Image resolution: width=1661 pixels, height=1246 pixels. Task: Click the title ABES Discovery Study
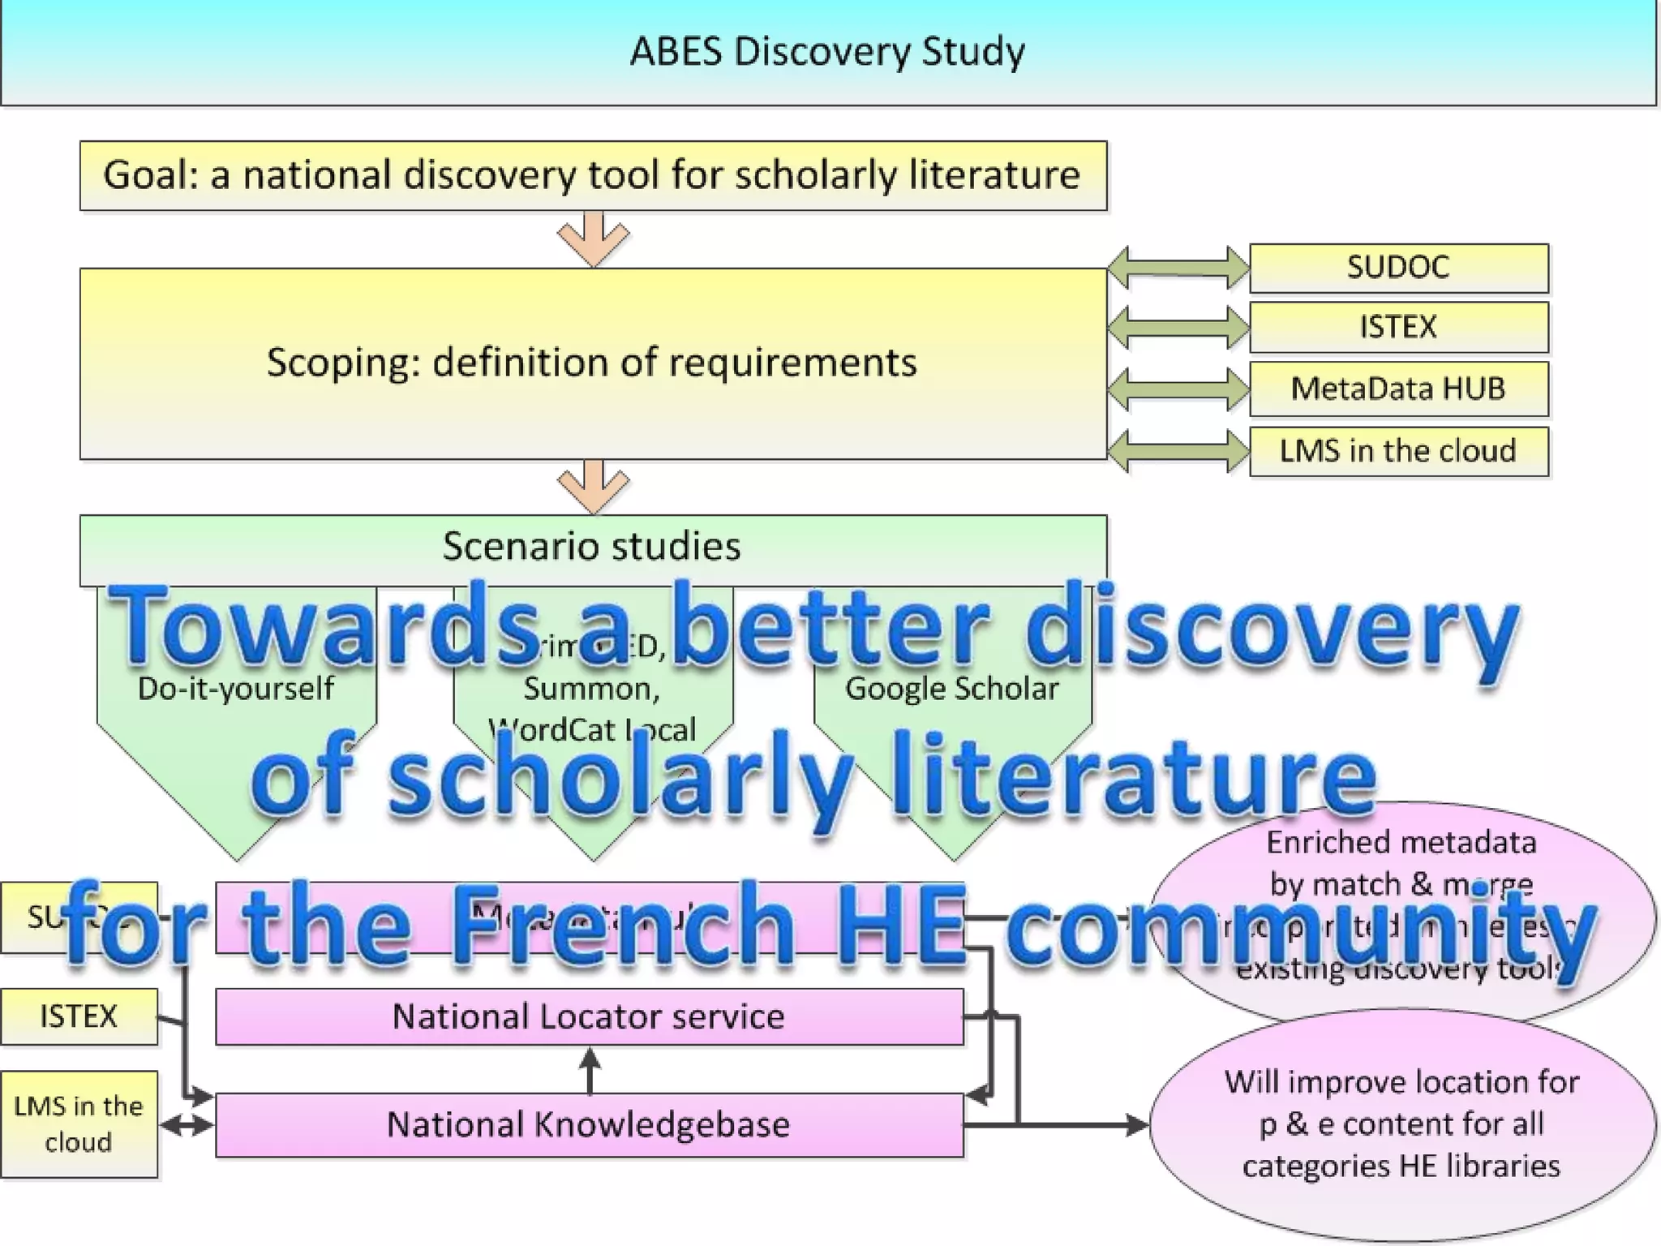point(827,51)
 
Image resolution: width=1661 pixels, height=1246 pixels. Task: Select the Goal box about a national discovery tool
point(593,175)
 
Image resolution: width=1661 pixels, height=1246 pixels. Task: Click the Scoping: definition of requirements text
point(592,362)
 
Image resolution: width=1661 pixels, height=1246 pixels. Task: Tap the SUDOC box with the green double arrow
point(1398,267)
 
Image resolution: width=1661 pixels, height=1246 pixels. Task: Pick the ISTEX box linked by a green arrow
point(1398,327)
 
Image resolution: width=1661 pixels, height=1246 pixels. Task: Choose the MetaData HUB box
point(1398,389)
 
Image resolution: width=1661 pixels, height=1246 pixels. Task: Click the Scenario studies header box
point(592,546)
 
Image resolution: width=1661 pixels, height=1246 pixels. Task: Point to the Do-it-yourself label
point(235,689)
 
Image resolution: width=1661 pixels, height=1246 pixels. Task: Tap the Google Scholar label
point(951,689)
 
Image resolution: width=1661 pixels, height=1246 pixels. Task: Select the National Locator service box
point(589,1016)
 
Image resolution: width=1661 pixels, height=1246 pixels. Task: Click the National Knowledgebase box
point(589,1124)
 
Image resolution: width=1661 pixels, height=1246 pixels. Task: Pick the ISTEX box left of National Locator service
point(79,1016)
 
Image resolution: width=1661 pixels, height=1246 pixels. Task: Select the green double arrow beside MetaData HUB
point(1178,389)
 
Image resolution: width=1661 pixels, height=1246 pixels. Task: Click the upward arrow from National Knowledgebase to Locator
point(590,1069)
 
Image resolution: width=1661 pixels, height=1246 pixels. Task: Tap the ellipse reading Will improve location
point(1401,1124)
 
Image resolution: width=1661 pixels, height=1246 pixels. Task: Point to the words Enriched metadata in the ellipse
point(1401,842)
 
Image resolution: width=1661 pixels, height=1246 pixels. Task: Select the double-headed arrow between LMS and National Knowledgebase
point(187,1125)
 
